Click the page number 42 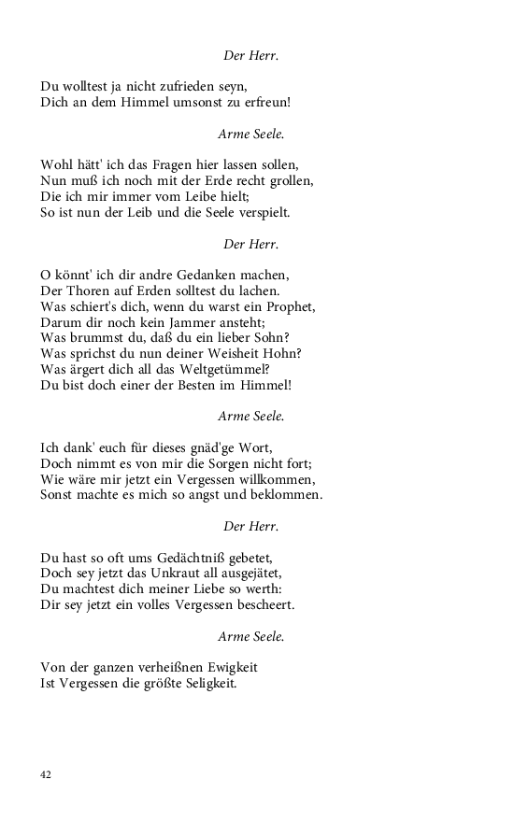pyautogui.click(x=46, y=774)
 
